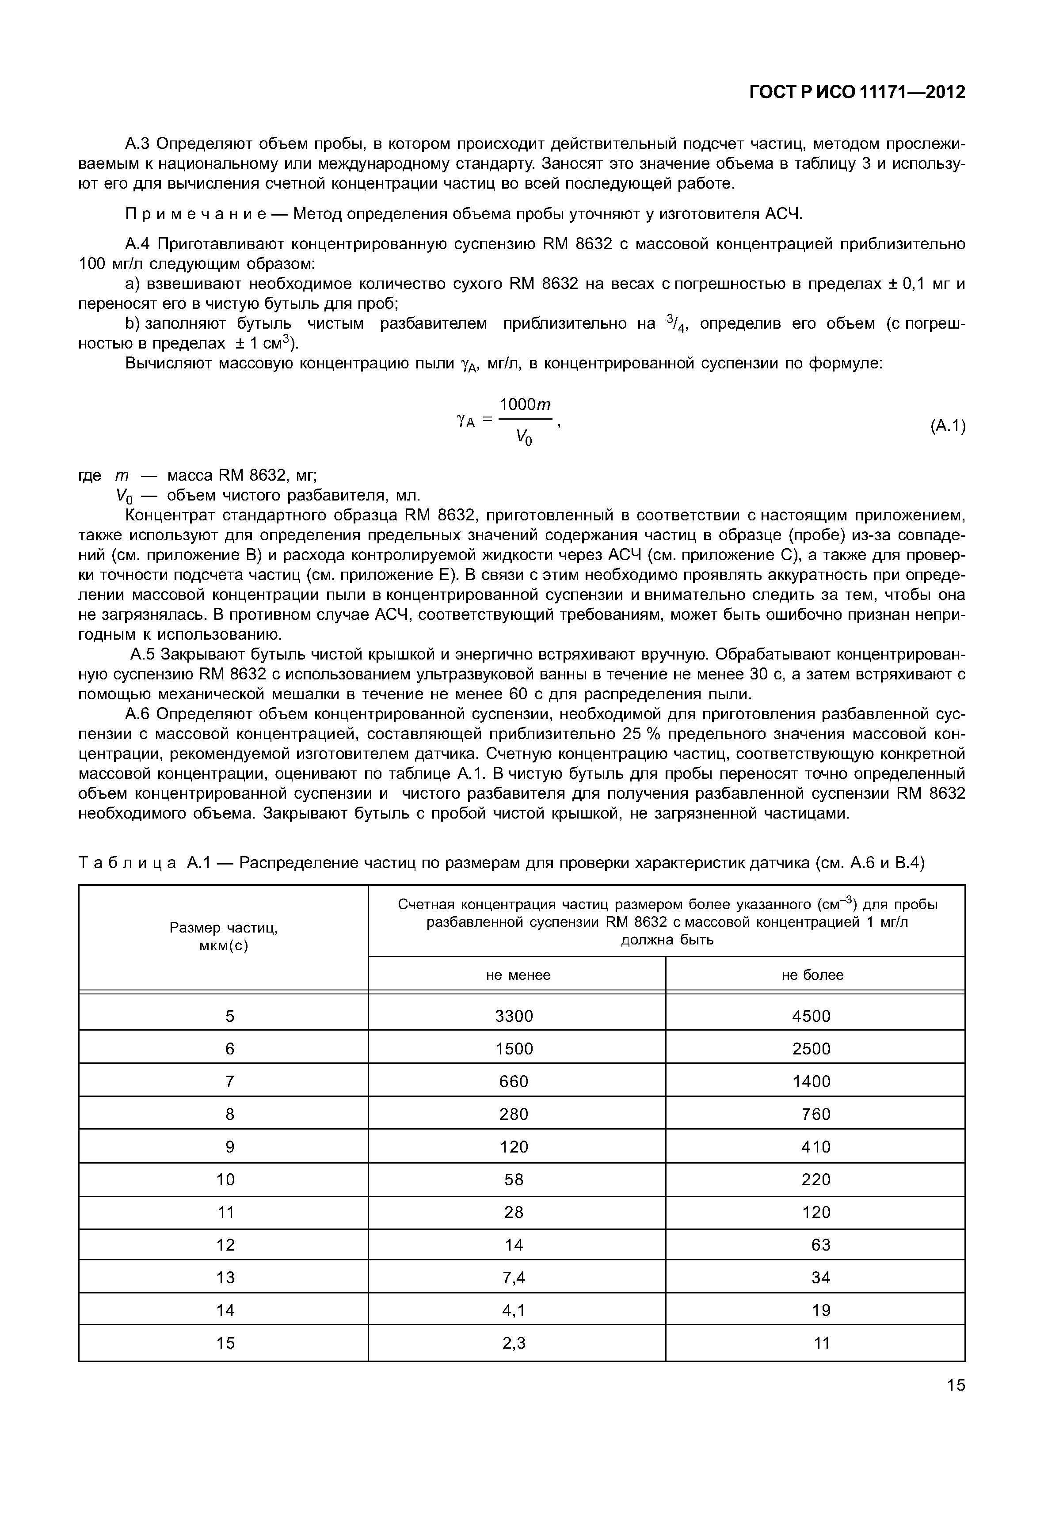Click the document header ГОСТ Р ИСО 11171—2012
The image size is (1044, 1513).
[x=857, y=93]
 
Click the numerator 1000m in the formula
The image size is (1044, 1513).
[x=525, y=405]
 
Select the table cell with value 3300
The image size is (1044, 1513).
[x=514, y=1016]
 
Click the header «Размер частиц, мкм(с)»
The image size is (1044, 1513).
[x=224, y=937]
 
